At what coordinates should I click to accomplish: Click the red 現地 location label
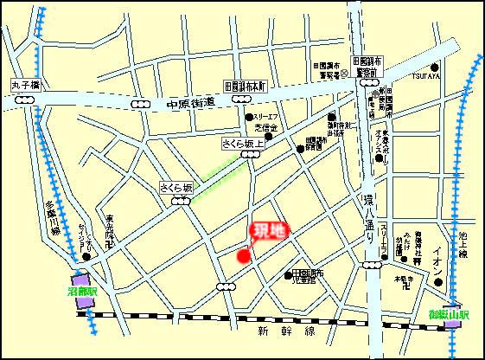point(267,232)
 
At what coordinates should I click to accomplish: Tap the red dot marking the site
point(244,254)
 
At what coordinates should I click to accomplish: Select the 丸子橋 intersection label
point(26,87)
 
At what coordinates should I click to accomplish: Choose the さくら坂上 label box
point(242,143)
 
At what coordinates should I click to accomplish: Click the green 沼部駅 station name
point(83,292)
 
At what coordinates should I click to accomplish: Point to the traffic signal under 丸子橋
point(25,100)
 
